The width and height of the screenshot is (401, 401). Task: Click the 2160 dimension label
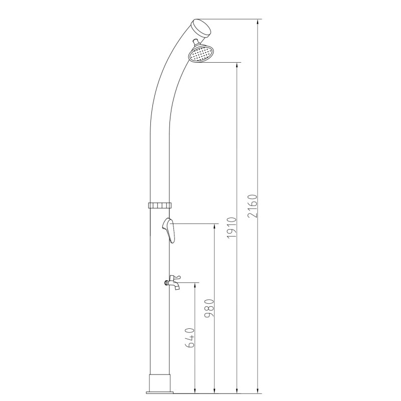click(x=252, y=206)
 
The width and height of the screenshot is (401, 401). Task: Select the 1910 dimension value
click(x=232, y=228)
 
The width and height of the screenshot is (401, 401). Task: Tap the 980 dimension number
click(x=209, y=308)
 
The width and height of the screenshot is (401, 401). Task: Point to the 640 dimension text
click(x=190, y=337)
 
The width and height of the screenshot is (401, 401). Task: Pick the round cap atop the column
click(x=202, y=28)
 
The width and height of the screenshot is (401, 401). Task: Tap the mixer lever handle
click(x=169, y=230)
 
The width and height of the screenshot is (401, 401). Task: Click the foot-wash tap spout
click(x=176, y=286)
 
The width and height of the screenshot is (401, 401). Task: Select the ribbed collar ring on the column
click(x=160, y=205)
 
